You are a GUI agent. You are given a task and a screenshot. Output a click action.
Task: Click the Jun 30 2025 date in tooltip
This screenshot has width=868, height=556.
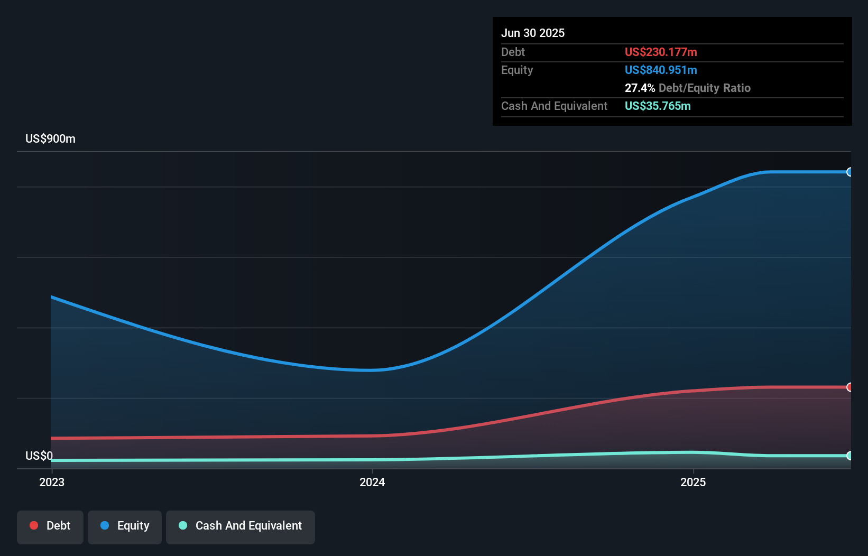pyautogui.click(x=532, y=33)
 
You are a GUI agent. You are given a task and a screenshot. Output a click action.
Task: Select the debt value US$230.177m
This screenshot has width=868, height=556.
pyautogui.click(x=660, y=52)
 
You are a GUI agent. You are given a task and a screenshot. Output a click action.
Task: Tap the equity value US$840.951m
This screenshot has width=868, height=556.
pyautogui.click(x=660, y=70)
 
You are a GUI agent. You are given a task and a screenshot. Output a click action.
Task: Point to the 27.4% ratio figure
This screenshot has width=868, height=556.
pyautogui.click(x=639, y=88)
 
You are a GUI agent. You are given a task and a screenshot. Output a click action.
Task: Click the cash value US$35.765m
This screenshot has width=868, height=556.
pyautogui.click(x=657, y=106)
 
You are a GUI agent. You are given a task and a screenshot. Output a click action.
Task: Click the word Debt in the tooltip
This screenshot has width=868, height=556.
pyautogui.click(x=513, y=52)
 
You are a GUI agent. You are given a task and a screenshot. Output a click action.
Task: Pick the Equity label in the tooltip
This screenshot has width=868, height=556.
pyautogui.click(x=516, y=70)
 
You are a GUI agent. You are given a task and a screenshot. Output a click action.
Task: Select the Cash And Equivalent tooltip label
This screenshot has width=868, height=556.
pyautogui.click(x=554, y=106)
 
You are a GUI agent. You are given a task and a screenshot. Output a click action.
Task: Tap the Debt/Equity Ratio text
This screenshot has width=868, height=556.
pyautogui.click(x=704, y=88)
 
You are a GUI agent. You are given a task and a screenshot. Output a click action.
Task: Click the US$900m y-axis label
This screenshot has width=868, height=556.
pyautogui.click(x=50, y=138)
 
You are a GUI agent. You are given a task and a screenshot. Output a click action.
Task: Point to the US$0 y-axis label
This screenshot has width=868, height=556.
pyautogui.click(x=39, y=456)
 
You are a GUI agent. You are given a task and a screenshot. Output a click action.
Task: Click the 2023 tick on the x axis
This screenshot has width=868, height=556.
pyautogui.click(x=52, y=482)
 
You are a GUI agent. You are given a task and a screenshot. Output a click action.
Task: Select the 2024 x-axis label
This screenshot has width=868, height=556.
pyautogui.click(x=372, y=482)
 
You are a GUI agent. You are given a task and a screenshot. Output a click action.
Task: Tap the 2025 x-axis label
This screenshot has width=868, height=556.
pyautogui.click(x=692, y=482)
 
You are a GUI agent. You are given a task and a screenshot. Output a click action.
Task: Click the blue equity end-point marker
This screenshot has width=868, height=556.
pyautogui.click(x=849, y=172)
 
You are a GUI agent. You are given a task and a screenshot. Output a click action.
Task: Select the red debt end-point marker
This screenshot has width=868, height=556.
pyautogui.click(x=849, y=387)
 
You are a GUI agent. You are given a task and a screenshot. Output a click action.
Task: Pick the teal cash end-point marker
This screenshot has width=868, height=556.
pyautogui.click(x=849, y=456)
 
